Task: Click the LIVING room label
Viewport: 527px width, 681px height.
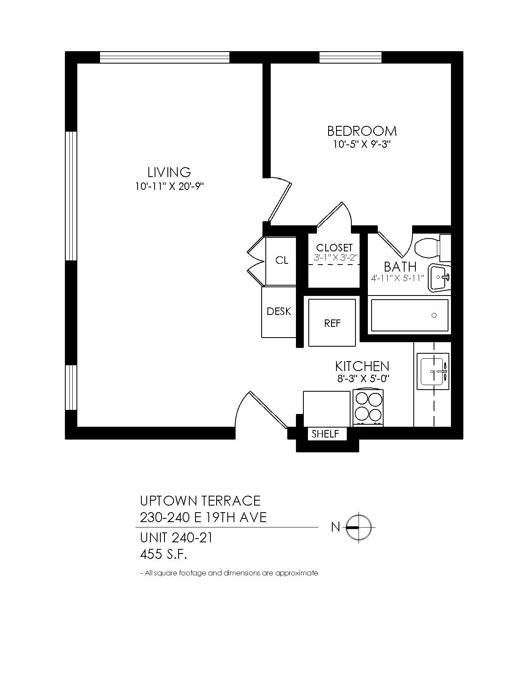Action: tap(169, 172)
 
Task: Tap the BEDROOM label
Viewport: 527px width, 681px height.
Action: tap(362, 131)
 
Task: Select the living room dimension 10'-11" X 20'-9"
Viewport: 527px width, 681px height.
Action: tap(169, 187)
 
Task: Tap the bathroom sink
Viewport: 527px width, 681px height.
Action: tap(439, 277)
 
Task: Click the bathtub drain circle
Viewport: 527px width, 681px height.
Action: tap(434, 315)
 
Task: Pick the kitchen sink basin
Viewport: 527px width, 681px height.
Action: tap(433, 372)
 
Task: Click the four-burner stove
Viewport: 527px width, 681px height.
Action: tap(369, 407)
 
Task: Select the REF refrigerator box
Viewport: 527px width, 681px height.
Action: tap(332, 323)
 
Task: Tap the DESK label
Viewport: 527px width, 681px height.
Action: tap(279, 312)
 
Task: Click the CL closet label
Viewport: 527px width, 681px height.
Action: tap(281, 260)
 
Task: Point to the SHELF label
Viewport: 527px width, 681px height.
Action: tap(325, 434)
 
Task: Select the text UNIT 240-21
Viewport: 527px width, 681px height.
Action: tap(176, 538)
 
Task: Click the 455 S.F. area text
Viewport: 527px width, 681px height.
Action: tap(163, 555)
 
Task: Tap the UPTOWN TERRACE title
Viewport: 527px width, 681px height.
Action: tap(200, 501)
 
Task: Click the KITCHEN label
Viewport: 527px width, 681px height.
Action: tap(362, 366)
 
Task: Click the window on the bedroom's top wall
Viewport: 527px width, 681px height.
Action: tap(350, 57)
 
